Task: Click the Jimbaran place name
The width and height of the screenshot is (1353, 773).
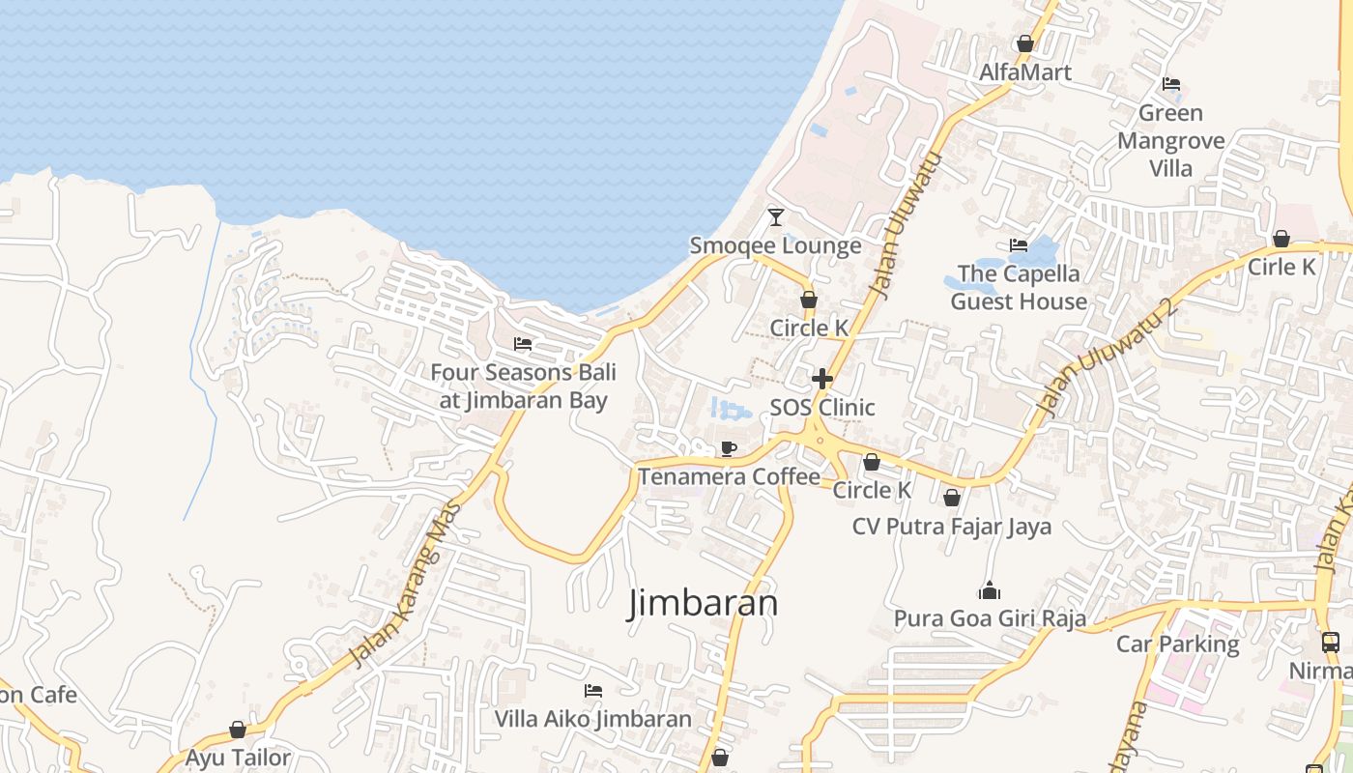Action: pyautogui.click(x=704, y=603)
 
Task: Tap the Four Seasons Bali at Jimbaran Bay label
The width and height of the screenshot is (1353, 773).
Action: pyautogui.click(x=523, y=386)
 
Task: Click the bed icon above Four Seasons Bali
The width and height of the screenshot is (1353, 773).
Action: pyautogui.click(x=523, y=344)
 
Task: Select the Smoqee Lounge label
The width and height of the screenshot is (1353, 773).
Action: pyautogui.click(x=775, y=245)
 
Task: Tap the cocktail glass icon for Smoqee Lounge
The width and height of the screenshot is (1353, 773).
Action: pyautogui.click(x=775, y=216)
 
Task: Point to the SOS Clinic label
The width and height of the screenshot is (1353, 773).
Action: pyautogui.click(x=822, y=407)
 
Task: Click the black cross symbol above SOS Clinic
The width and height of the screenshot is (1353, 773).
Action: pyautogui.click(x=822, y=378)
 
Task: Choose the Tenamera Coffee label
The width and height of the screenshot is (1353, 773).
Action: pyautogui.click(x=729, y=476)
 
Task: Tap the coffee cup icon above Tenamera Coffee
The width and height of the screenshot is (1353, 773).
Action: pyautogui.click(x=729, y=448)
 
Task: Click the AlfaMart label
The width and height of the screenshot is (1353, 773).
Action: pyautogui.click(x=1025, y=72)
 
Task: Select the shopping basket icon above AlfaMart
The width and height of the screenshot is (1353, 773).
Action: pyautogui.click(x=1025, y=43)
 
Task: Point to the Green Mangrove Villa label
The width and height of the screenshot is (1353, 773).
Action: pyautogui.click(x=1170, y=141)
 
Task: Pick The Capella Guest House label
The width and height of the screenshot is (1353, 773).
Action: pyautogui.click(x=1019, y=287)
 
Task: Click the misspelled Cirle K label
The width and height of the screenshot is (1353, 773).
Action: pyautogui.click(x=1281, y=267)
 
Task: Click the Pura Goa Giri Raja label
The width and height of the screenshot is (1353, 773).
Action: pyautogui.click(x=990, y=618)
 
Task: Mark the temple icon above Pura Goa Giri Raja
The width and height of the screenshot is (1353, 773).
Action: pyautogui.click(x=990, y=590)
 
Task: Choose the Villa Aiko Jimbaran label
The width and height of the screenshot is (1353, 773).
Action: pyautogui.click(x=593, y=719)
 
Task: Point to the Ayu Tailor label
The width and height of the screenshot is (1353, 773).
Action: pyautogui.click(x=238, y=758)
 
